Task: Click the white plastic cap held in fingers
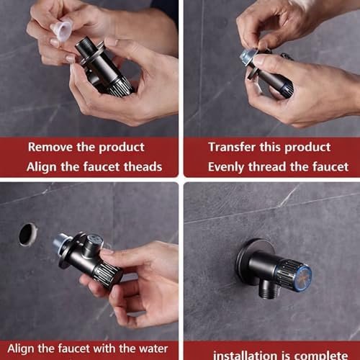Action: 61,30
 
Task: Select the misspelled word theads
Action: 143,166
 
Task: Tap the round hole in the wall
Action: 28,235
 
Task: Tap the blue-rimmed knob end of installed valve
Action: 303,276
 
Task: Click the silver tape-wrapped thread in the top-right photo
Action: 247,57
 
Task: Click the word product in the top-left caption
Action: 122,148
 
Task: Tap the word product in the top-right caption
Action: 307,148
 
